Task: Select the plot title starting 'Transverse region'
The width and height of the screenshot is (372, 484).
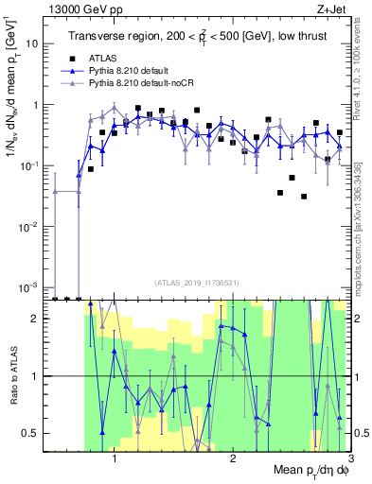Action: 198,37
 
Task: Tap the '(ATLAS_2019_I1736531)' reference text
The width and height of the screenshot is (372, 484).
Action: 197,282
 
